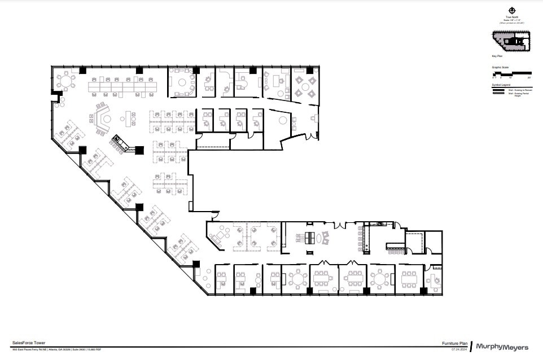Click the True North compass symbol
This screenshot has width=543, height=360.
point(511,10)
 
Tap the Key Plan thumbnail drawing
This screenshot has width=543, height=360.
point(511,41)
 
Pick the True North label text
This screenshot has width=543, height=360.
point(511,17)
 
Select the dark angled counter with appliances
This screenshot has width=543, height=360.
point(122,142)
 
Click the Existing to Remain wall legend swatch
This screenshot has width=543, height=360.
point(499,90)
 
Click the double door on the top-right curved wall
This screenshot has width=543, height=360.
point(308,135)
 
